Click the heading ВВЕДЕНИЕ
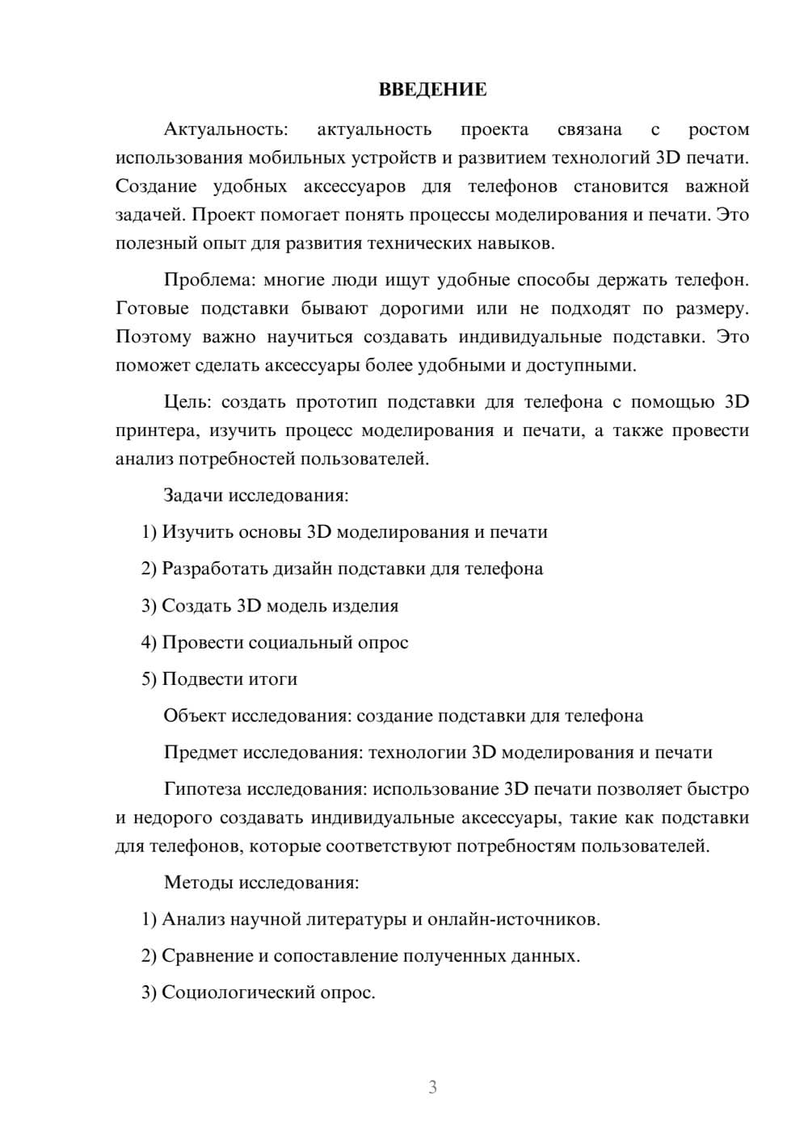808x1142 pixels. (x=432, y=90)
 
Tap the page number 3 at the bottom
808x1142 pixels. (x=432, y=1087)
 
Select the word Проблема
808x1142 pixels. (x=208, y=280)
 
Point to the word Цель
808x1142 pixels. (x=187, y=402)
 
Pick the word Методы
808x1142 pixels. (x=196, y=882)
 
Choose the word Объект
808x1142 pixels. (x=196, y=716)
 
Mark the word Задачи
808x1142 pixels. (x=193, y=495)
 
